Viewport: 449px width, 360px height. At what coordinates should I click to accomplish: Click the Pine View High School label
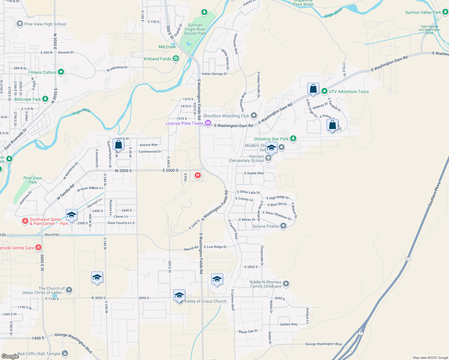point(45,24)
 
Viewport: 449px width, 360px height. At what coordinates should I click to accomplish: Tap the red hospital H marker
point(197,175)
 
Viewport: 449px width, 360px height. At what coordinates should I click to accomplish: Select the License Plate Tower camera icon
point(208,123)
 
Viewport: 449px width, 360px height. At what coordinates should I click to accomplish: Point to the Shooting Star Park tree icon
point(293,138)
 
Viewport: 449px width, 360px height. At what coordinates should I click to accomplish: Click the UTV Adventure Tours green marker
point(324,91)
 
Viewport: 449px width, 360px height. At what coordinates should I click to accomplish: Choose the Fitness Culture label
point(42,72)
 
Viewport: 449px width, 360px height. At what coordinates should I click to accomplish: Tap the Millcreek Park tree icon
point(45,99)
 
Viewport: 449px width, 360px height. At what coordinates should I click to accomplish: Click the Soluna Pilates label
point(266,226)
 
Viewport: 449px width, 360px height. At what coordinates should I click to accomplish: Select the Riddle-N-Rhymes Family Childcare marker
point(286,283)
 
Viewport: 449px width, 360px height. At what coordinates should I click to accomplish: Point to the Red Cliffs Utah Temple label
point(39,354)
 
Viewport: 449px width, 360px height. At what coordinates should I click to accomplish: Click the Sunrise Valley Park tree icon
point(445,12)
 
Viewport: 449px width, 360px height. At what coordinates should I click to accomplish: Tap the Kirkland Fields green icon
point(176,58)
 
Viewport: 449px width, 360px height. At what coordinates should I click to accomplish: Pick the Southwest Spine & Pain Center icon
point(25,221)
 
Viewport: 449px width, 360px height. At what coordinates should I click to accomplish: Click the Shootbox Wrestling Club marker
point(254,115)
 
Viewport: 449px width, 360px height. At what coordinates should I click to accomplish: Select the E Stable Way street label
point(254,173)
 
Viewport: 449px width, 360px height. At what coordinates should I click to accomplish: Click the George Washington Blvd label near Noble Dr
point(323,344)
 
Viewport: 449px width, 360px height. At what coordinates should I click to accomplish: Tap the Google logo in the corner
point(10,356)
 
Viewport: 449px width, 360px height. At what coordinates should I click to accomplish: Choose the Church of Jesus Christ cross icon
point(69,290)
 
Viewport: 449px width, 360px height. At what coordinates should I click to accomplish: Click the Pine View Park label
point(32,180)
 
